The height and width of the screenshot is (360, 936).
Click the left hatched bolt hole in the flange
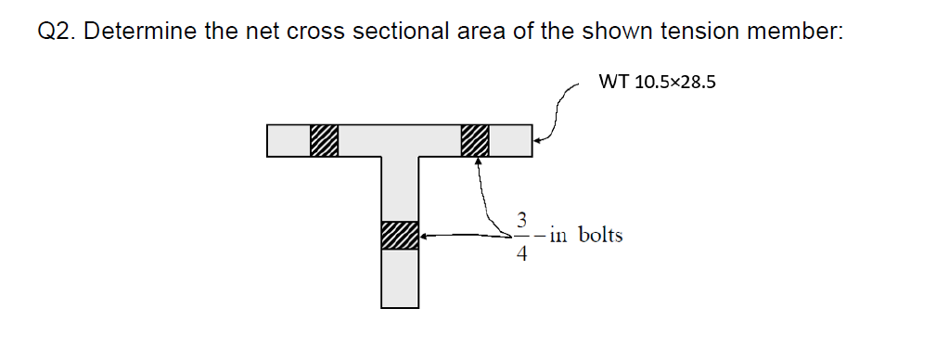(324, 140)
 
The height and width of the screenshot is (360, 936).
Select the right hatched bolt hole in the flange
(474, 140)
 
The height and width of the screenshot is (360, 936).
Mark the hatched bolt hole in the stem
(399, 236)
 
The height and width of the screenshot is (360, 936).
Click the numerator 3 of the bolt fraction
(522, 222)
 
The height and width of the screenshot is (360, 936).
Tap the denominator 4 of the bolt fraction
(522, 254)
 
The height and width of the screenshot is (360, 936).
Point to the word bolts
(600, 235)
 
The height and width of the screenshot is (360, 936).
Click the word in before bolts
(558, 235)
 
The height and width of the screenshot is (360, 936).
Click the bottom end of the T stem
(400, 304)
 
